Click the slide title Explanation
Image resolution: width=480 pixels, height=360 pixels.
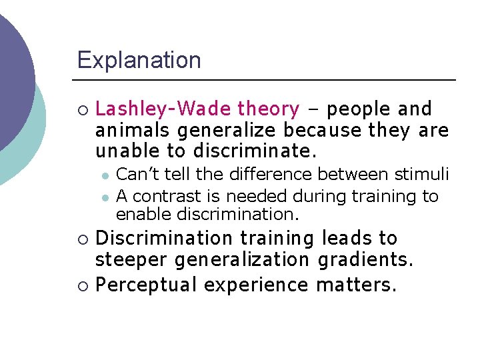pos(139,61)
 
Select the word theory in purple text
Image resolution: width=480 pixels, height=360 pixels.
pos(269,109)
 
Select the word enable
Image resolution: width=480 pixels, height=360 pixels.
pos(138,215)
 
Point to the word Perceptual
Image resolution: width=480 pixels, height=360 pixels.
pos(147,285)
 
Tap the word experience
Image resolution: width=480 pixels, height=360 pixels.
pos(256,285)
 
